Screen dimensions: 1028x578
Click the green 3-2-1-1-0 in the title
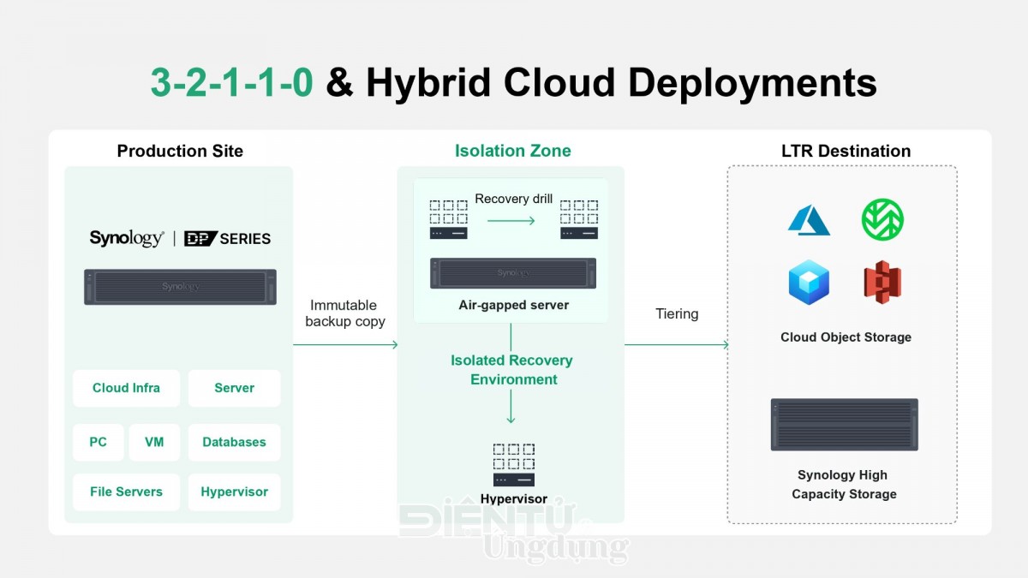(232, 82)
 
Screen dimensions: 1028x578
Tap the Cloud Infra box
(126, 388)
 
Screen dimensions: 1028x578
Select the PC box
(99, 442)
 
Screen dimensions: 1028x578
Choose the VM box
(154, 442)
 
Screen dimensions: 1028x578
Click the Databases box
(234, 442)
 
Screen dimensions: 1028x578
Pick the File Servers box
(126, 492)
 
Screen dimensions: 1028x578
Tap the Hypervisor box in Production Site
(234, 492)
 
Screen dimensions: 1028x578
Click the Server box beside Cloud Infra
(234, 388)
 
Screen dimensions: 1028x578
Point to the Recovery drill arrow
(511, 221)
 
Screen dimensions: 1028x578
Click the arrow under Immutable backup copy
(345, 344)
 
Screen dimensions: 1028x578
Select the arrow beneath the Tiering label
(677, 344)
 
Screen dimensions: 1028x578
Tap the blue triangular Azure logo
(809, 220)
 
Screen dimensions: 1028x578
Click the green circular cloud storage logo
(882, 219)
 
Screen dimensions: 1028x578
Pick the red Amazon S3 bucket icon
(882, 282)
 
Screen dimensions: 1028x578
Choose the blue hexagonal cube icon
(809, 282)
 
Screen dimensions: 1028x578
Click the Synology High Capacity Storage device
(845, 425)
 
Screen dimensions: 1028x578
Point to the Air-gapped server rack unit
(513, 273)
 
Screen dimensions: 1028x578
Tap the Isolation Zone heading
(513, 151)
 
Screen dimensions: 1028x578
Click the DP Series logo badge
(227, 239)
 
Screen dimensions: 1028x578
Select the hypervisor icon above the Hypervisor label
(514, 465)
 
